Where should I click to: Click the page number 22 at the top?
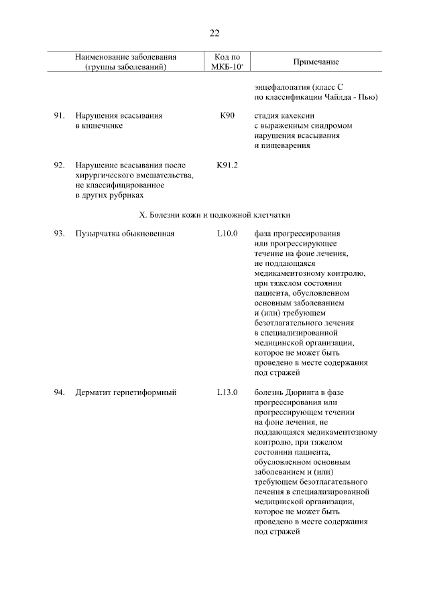pos(214,33)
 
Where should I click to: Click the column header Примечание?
pos(316,62)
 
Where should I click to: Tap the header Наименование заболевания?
pos(126,57)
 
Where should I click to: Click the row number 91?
pos(59,116)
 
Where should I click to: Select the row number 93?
pos(59,234)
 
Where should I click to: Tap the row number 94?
pos(59,392)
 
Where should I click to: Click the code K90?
pos(227,116)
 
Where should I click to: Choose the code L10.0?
pos(227,234)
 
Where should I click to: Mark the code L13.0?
pos(227,392)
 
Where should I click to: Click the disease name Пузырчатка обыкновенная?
pos(125,234)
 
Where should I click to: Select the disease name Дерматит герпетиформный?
pos(125,392)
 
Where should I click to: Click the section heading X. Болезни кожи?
pos(214,215)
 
